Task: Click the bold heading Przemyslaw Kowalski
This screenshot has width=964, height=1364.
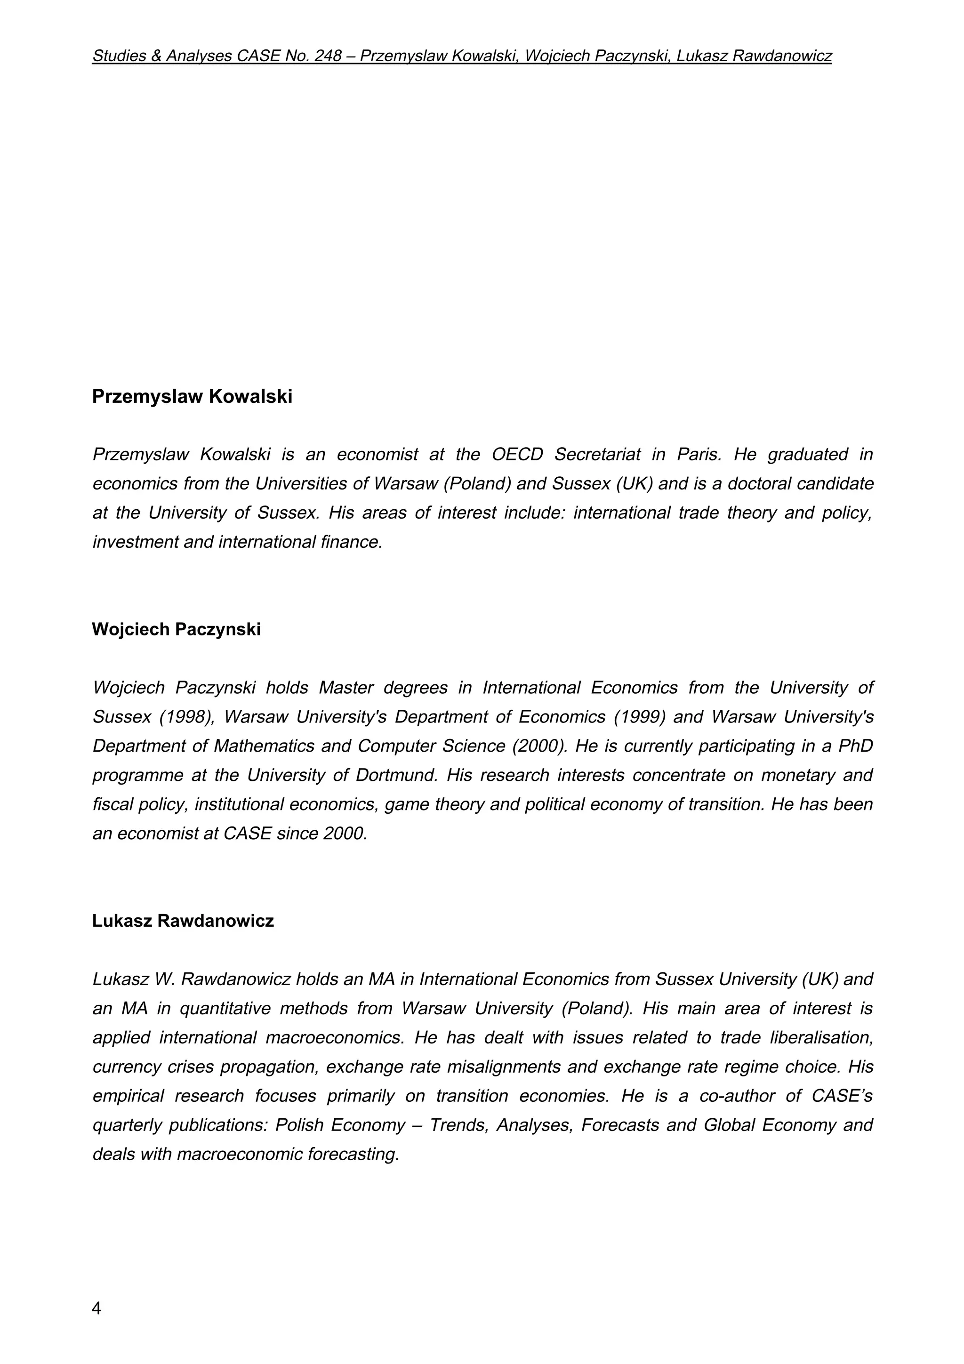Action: click(x=192, y=397)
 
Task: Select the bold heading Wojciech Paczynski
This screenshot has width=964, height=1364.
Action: click(x=176, y=629)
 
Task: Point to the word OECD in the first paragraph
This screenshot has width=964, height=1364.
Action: click(x=517, y=455)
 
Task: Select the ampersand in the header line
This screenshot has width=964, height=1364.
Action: click(x=156, y=56)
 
